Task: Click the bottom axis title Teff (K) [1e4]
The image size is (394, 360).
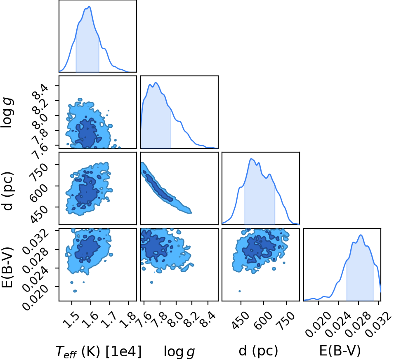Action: point(99,351)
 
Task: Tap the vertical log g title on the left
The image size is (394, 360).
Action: point(7,113)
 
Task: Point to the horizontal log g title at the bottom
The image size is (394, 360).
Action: point(179,351)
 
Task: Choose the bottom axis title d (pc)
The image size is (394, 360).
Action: point(258,351)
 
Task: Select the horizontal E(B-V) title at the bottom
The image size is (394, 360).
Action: point(340,351)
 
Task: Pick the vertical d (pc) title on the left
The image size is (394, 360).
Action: point(7,191)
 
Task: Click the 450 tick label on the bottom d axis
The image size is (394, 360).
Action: point(241,320)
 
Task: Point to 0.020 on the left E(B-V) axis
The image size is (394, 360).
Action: point(35,298)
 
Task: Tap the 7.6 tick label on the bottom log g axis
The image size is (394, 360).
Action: point(144,320)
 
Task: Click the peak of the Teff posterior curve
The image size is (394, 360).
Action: point(90,7)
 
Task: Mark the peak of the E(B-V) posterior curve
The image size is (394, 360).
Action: point(361,235)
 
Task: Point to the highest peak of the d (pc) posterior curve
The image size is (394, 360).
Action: point(251,158)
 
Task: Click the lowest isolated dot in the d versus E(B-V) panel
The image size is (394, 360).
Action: point(239,291)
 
